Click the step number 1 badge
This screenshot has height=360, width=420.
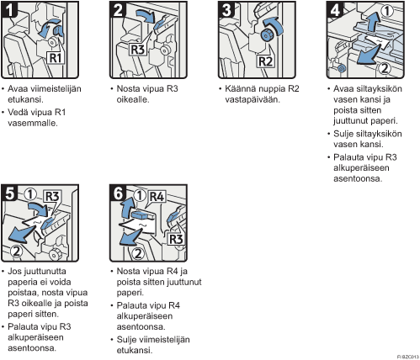click(x=9, y=10)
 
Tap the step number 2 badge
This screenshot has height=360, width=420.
click(x=118, y=10)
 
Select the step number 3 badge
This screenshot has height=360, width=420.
click(x=226, y=10)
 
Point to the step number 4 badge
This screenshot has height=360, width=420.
click(x=335, y=10)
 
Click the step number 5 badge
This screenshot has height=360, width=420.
click(x=9, y=193)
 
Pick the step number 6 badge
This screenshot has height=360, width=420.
click(x=118, y=193)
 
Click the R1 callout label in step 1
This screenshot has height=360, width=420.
click(x=56, y=58)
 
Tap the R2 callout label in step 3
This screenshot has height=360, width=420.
click(x=265, y=61)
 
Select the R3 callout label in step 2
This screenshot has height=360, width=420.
click(x=138, y=50)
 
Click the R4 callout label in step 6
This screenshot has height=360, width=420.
click(x=157, y=197)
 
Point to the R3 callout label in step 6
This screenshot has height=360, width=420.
click(x=176, y=239)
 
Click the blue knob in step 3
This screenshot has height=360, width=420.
click(x=266, y=35)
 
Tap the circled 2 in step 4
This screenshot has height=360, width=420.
click(x=385, y=68)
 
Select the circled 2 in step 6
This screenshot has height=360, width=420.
click(x=138, y=254)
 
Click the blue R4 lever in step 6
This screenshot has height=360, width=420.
click(x=141, y=215)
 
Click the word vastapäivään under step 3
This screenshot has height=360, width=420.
click(x=253, y=100)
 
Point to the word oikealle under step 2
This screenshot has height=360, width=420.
click(x=133, y=99)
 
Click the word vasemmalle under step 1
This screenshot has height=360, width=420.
click(x=33, y=123)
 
